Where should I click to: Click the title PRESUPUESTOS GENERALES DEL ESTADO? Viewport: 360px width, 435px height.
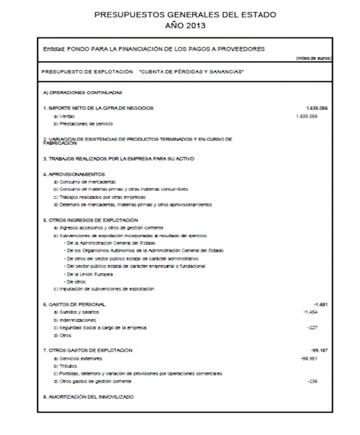(185, 15)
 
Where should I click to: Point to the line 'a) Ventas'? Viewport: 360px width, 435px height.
(63, 116)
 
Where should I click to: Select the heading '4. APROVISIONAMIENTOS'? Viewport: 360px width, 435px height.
(73, 175)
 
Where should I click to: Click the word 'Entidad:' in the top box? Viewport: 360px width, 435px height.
(54, 49)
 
